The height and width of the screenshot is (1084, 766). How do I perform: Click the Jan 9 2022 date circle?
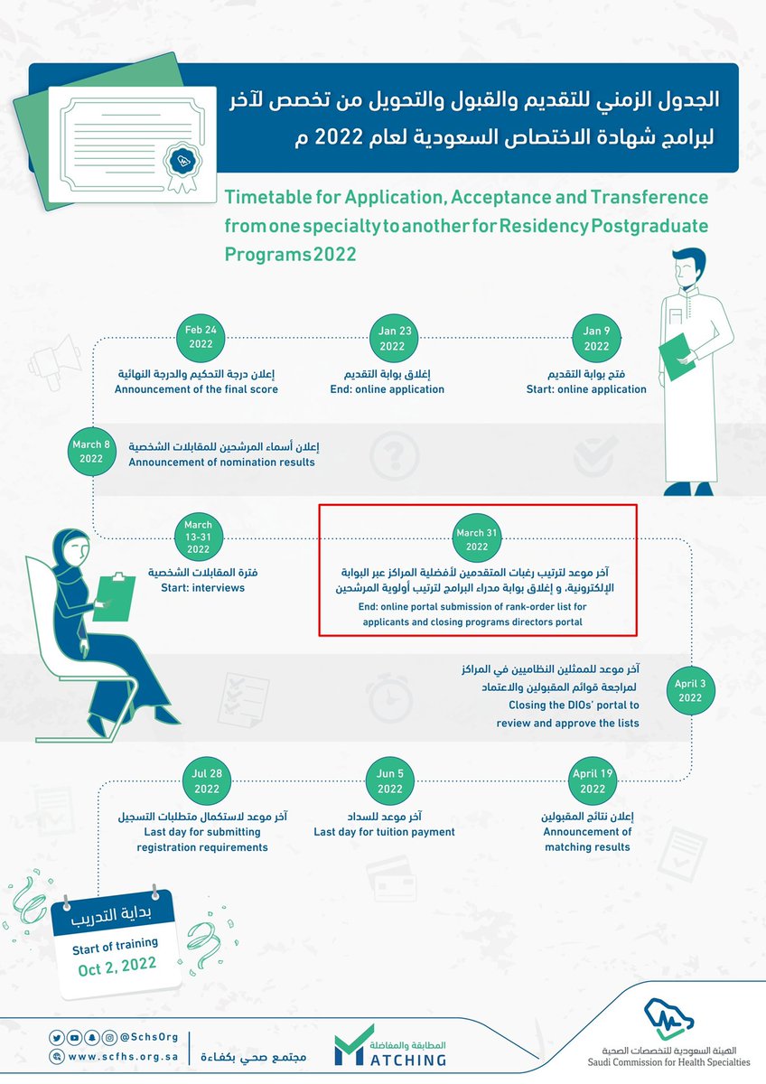(x=597, y=338)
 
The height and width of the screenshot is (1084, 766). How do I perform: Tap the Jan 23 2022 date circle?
(x=393, y=338)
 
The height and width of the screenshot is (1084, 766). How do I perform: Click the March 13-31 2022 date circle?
(x=198, y=539)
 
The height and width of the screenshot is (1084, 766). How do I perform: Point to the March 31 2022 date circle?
(x=478, y=539)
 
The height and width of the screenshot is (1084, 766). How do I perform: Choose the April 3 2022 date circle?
(x=690, y=691)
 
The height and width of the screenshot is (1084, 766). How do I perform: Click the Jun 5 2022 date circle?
(x=390, y=781)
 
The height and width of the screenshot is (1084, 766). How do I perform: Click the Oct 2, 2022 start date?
(x=115, y=964)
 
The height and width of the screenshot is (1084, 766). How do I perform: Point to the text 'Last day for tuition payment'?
(x=384, y=832)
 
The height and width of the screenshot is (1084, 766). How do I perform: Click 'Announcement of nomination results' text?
(x=221, y=463)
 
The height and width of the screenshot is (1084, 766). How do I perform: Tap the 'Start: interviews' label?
(x=197, y=588)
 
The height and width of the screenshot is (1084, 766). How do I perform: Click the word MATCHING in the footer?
(x=403, y=1059)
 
